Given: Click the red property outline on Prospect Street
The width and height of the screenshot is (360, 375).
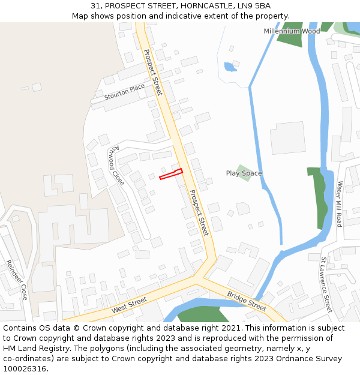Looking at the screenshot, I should [170, 175].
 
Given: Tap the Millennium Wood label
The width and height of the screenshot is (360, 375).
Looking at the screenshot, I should [292, 31].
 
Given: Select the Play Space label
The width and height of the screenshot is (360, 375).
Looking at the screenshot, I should [244, 173].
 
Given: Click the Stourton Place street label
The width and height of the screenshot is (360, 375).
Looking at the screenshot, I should [125, 91].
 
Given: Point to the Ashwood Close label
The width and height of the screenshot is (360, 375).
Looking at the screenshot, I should [116, 165].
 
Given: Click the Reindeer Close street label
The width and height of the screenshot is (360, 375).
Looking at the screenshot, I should [17, 280].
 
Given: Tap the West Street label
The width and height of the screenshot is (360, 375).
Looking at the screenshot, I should [129, 305].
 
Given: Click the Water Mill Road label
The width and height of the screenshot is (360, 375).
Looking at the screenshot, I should [339, 203].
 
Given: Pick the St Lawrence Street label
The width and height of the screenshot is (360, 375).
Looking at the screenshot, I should [326, 285].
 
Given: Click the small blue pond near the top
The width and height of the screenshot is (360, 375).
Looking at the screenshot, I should [230, 67].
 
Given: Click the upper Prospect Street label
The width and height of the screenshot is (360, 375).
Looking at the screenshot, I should [152, 72].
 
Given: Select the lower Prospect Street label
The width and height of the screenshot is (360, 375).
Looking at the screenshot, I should [199, 212].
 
